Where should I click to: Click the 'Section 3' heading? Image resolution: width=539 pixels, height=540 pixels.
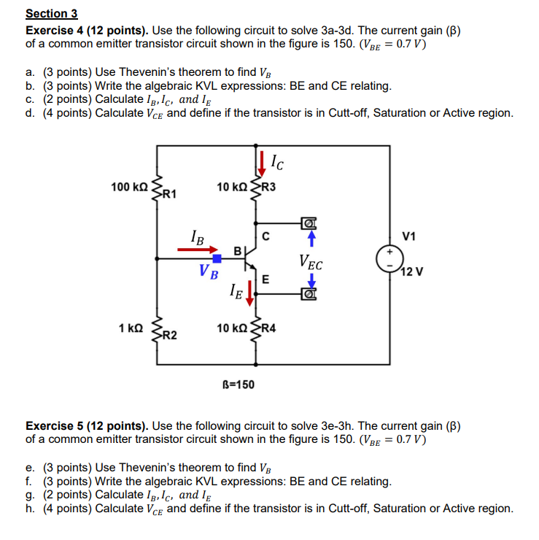51,13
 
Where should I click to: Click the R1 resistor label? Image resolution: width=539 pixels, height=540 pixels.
167,194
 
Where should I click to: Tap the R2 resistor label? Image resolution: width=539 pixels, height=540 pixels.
167,336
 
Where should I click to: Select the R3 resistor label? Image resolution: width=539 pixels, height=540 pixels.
268,187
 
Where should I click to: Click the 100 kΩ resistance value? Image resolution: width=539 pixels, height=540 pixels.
129,188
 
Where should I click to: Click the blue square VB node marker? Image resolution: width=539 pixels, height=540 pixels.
217,258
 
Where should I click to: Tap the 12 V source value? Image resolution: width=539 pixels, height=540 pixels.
411,272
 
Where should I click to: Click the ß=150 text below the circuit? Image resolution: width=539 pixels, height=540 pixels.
238,384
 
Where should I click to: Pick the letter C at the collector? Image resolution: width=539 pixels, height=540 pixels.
266,236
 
